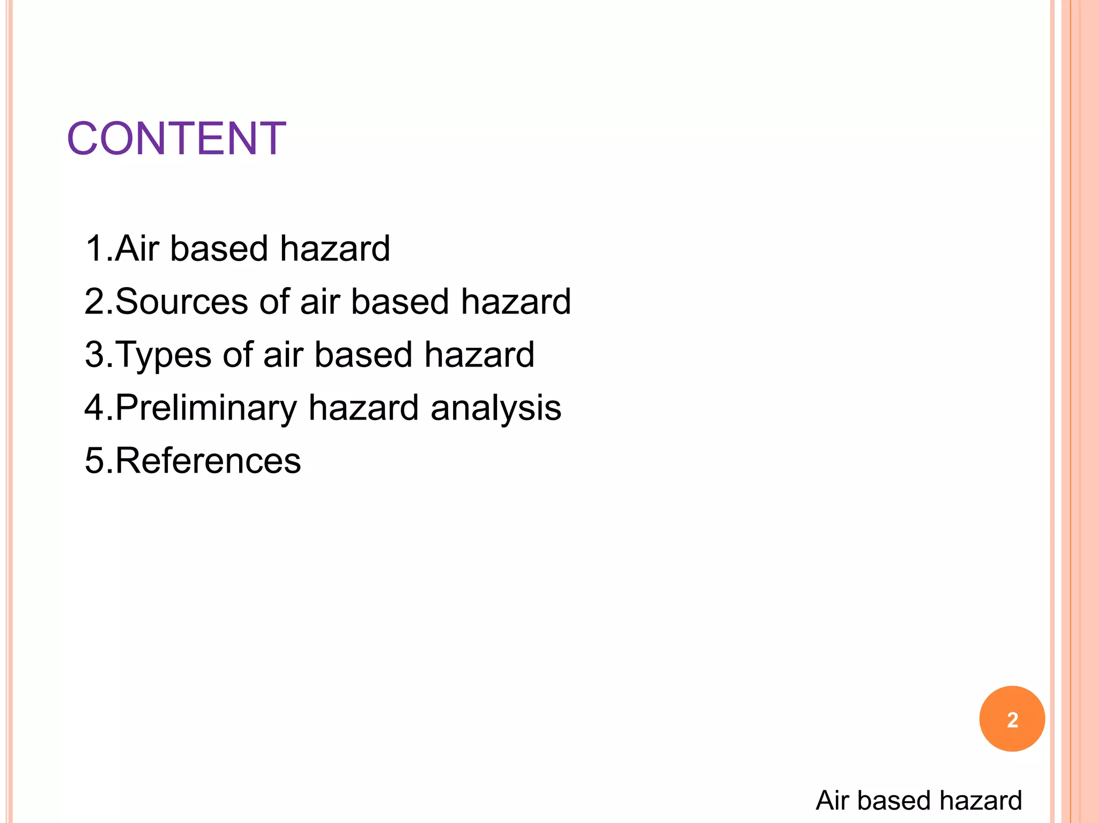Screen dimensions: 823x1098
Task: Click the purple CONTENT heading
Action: [176, 138]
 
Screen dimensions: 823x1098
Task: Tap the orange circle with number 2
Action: [1012, 719]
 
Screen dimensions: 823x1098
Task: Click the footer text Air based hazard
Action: [918, 800]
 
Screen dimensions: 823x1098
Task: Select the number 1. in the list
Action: [99, 249]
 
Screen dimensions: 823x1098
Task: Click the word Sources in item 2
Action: [181, 302]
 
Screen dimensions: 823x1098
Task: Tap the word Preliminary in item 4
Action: [206, 408]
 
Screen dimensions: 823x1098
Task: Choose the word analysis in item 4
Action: [496, 408]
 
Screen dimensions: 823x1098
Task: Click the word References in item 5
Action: [208, 461]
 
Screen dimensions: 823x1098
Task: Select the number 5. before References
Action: [99, 461]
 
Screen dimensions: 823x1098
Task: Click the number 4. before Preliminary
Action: [99, 408]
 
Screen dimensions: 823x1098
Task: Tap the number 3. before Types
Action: [99, 355]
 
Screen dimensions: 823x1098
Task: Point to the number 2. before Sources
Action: [99, 302]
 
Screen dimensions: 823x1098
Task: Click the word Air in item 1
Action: [137, 249]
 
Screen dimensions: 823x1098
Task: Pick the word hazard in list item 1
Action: [335, 249]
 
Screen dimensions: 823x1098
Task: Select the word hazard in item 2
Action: [516, 302]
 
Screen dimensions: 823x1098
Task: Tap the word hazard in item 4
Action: [363, 408]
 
